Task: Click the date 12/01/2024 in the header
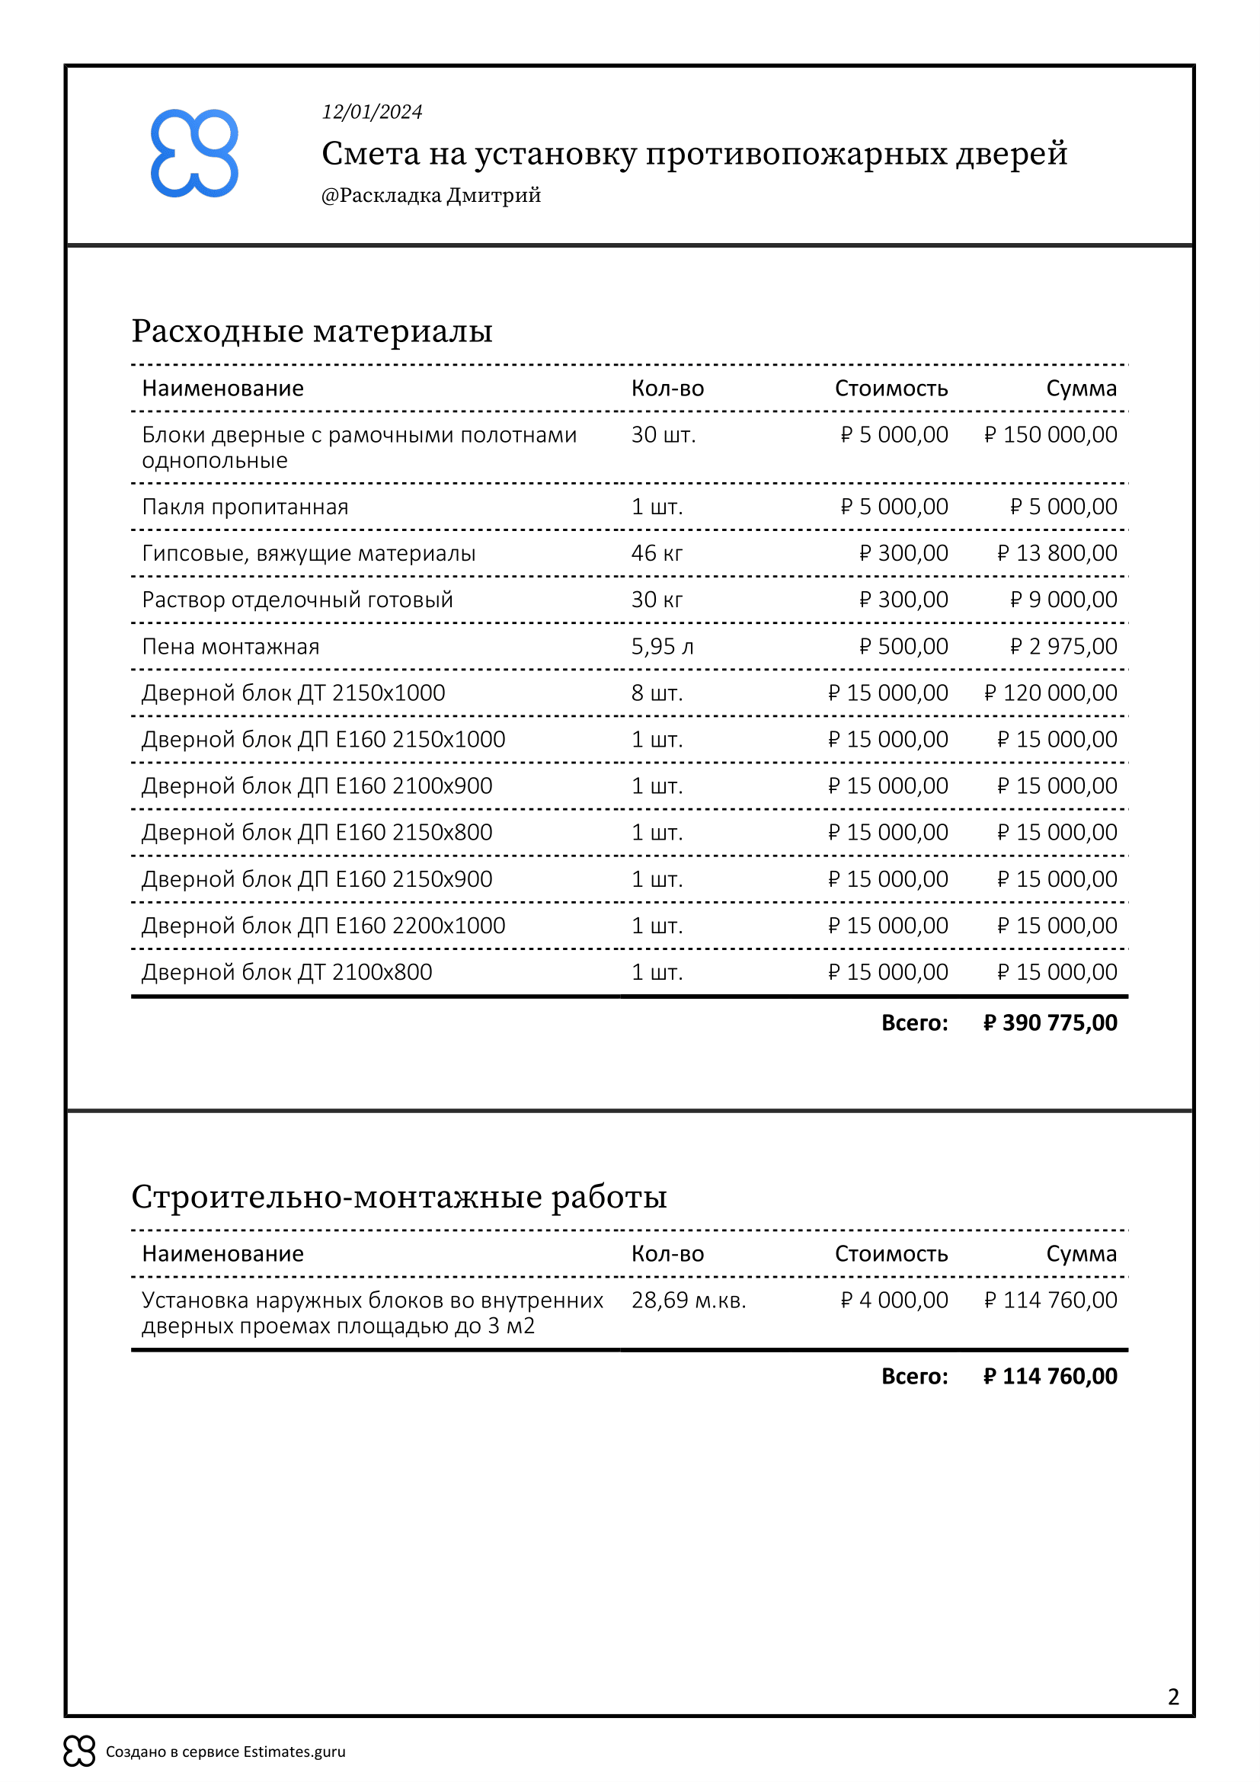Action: [372, 112]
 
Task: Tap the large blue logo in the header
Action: [194, 153]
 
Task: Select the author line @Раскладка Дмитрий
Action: [430, 195]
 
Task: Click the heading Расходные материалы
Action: [312, 331]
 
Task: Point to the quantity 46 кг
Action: [657, 553]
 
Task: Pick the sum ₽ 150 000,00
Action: [1051, 434]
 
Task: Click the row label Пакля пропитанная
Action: [245, 507]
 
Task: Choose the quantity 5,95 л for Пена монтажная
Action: [662, 647]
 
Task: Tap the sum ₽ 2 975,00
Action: [1063, 647]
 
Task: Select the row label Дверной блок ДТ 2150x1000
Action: [293, 693]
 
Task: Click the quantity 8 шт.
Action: [657, 693]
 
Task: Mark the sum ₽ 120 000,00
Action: [1051, 693]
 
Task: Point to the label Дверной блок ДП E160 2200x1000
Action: [323, 926]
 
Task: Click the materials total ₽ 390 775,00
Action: [1050, 1023]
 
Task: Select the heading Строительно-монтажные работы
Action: [398, 1197]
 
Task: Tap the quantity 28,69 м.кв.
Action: [688, 1300]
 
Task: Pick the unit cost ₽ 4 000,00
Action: [894, 1300]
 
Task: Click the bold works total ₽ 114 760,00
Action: [1050, 1376]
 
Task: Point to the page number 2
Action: [1173, 1697]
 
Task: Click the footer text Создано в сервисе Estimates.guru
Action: [225, 1752]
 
